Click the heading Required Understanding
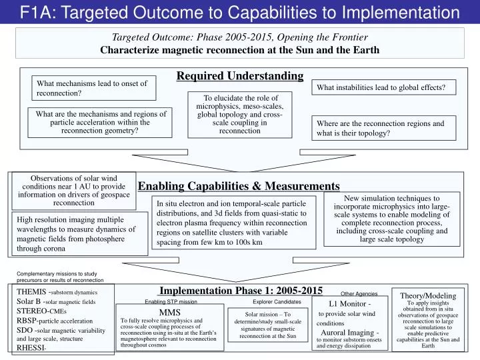click(x=240, y=76)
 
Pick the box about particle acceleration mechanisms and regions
click(x=101, y=123)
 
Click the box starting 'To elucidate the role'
click(x=239, y=115)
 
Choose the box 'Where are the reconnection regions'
click(x=385, y=128)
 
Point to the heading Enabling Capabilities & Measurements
click(x=239, y=186)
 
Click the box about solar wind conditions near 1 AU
click(x=74, y=191)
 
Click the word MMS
click(x=170, y=311)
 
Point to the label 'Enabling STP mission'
click(x=171, y=301)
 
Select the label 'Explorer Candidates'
click(x=277, y=301)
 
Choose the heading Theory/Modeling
click(x=427, y=295)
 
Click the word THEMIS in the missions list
click(x=31, y=292)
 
